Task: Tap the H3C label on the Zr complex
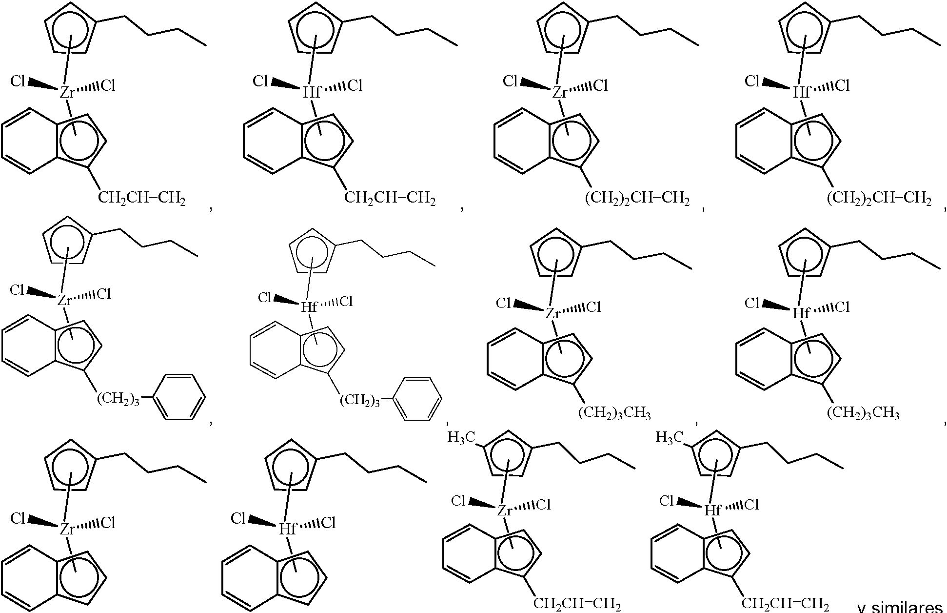tap(461, 438)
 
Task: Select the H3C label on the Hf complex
tap(670, 437)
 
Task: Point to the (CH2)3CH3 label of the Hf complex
tap(863, 413)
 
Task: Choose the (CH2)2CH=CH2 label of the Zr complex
tap(637, 199)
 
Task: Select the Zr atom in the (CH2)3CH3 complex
tap(552, 313)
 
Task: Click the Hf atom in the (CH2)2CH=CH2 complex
tap(801, 92)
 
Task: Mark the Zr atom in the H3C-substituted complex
tap(505, 511)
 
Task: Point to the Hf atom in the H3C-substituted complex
tap(713, 511)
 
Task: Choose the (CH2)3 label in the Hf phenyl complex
tap(360, 401)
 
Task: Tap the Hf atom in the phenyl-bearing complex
tap(309, 307)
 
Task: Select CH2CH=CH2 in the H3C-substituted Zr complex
tap(577, 604)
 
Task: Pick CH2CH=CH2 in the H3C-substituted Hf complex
tap(785, 604)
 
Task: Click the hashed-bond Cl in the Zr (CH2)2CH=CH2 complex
tap(601, 86)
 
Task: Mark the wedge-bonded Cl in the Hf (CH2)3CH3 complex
tap(752, 304)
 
